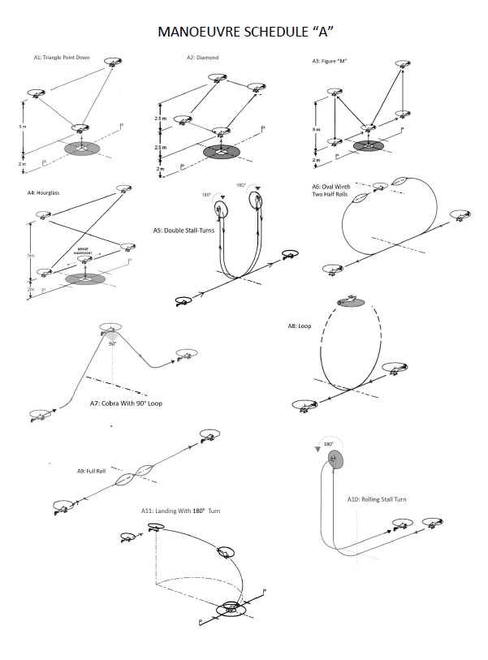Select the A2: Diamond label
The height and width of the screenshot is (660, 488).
[203, 58]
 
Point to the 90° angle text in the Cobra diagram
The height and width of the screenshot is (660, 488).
[114, 344]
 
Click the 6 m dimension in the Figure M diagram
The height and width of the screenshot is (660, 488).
[317, 129]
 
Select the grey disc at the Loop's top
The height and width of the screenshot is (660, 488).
[350, 302]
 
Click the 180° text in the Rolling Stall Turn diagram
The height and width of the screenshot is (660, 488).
[329, 445]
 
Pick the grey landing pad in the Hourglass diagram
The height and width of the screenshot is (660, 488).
[85, 278]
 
